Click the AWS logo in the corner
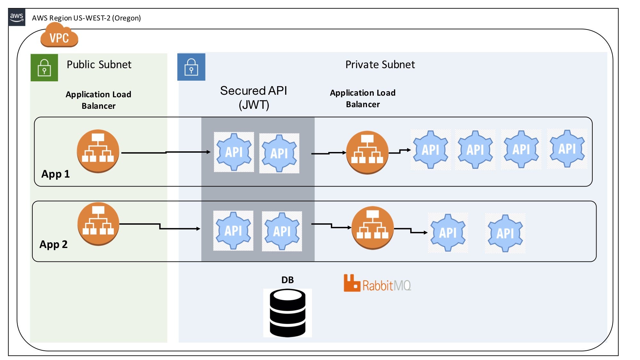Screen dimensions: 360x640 [17, 17]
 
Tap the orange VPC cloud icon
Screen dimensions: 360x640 [59, 38]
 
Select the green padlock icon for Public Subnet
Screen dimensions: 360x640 [44, 68]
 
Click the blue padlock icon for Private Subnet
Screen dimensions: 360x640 [191, 67]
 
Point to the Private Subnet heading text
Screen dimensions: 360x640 [380, 65]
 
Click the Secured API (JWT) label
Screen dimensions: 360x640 [253, 98]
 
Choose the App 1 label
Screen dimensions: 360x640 [55, 174]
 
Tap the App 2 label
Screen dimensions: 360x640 [53, 244]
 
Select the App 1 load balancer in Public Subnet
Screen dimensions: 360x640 [98, 151]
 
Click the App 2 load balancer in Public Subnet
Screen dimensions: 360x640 [98, 224]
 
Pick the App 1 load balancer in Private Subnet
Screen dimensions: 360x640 [367, 152]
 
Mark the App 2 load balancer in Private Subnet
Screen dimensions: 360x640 [372, 228]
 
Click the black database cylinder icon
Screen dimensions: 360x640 [287, 313]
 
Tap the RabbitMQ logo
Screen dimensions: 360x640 [377, 284]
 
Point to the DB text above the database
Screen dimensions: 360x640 [287, 280]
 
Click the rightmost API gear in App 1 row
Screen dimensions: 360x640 [567, 149]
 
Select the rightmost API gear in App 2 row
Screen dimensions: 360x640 [505, 233]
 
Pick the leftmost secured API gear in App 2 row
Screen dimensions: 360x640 [233, 230]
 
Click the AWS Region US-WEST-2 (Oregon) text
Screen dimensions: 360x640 [86, 18]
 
